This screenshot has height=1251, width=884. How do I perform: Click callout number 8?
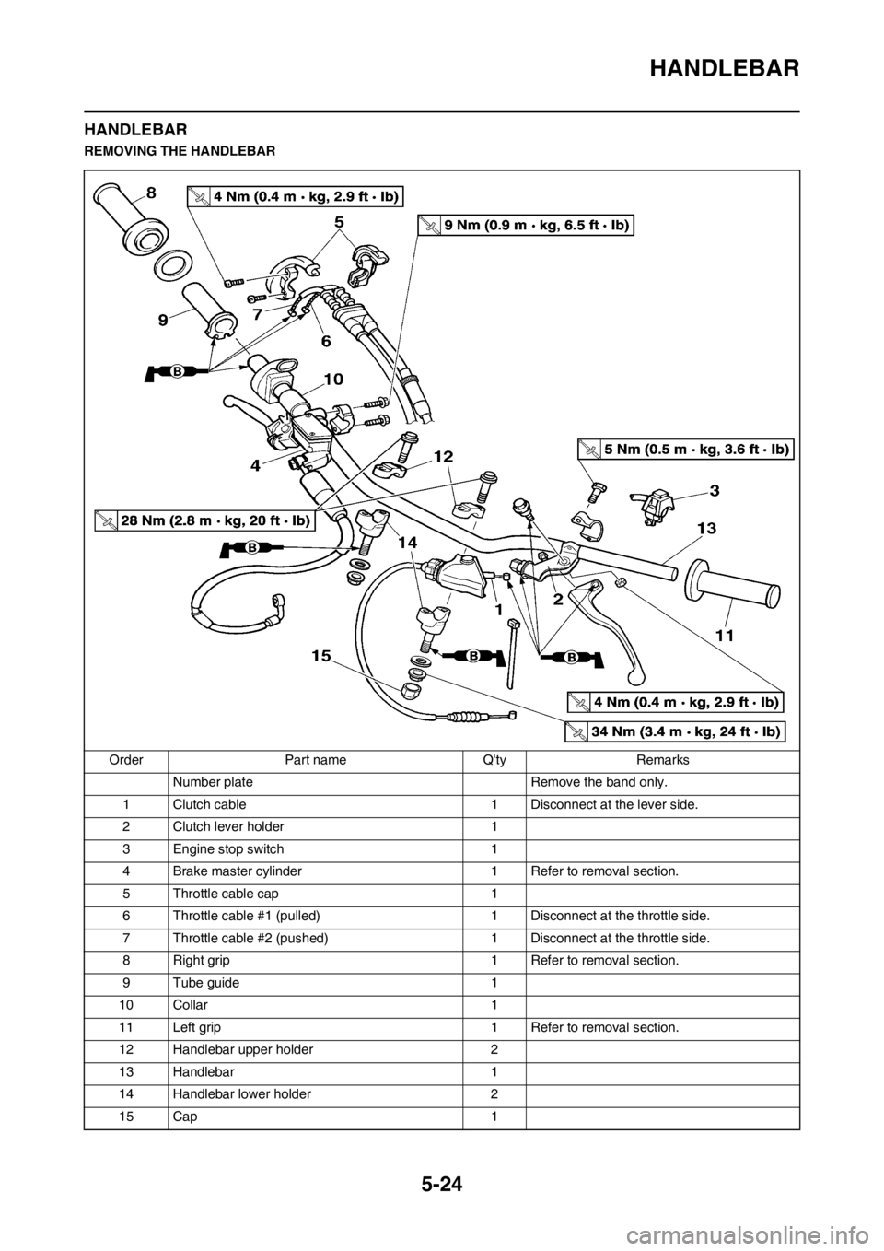click(x=151, y=192)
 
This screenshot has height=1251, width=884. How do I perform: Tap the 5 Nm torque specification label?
click(x=686, y=449)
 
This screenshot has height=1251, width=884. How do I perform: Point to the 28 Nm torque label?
click(x=204, y=520)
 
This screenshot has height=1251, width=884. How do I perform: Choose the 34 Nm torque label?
click(x=674, y=732)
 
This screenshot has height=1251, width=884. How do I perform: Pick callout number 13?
click(x=706, y=529)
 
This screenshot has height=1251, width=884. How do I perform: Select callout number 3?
click(x=715, y=489)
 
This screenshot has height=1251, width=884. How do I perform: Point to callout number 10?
click(x=332, y=379)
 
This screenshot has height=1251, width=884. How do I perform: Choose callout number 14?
click(x=409, y=544)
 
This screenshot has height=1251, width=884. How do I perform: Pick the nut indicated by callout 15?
click(x=413, y=691)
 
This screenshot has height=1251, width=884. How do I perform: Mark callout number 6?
click(x=325, y=339)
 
